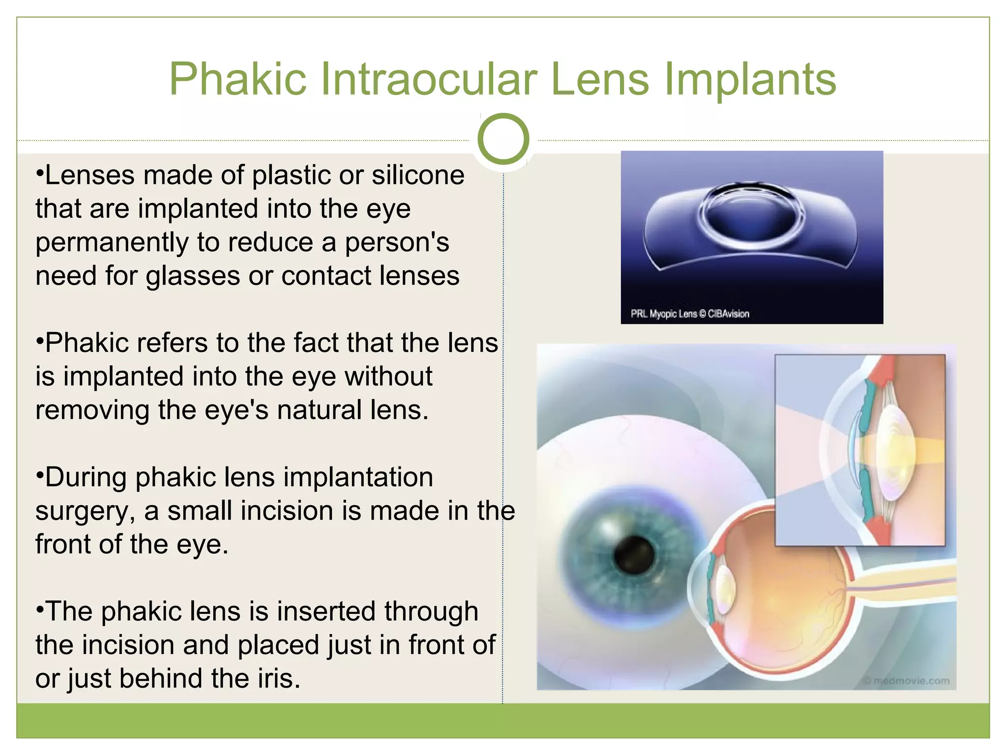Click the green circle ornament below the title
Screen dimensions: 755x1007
(503, 139)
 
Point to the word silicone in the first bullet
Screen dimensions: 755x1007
(417, 175)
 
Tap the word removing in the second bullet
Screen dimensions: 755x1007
(92, 410)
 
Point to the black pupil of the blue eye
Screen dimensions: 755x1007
(634, 554)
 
